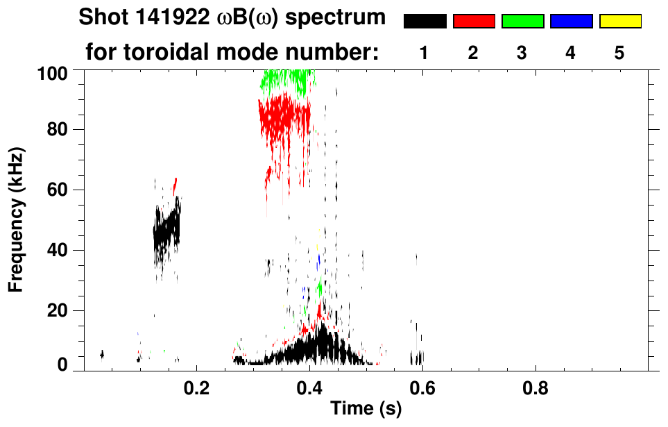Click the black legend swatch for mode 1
[425, 22]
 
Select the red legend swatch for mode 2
[474, 22]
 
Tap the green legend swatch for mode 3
[522, 22]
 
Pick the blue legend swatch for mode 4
[571, 22]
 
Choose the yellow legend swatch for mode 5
[620, 22]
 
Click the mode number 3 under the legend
[522, 53]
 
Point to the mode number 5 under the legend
[620, 53]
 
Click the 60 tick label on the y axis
[59, 190]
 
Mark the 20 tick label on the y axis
[59, 310]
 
